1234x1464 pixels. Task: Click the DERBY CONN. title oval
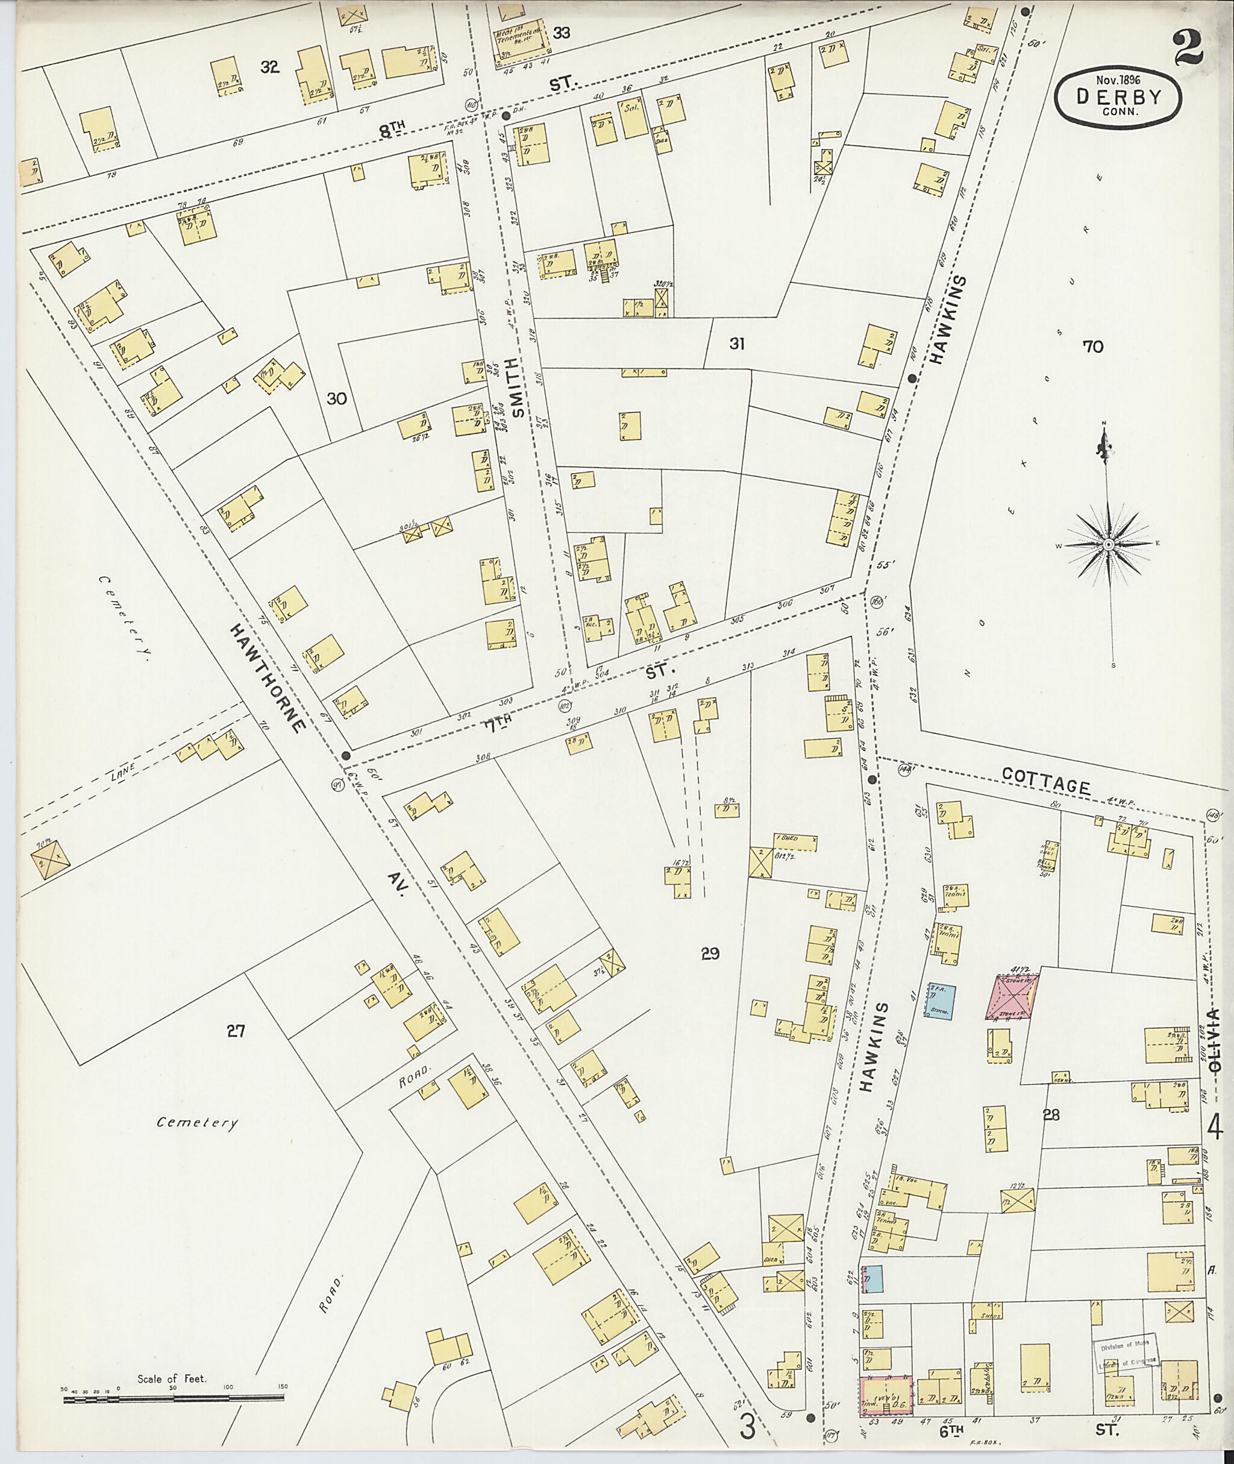click(1118, 99)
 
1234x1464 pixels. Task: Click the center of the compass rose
click(1109, 544)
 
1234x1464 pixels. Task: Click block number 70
click(1092, 346)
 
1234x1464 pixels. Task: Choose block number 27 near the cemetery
click(235, 1030)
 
